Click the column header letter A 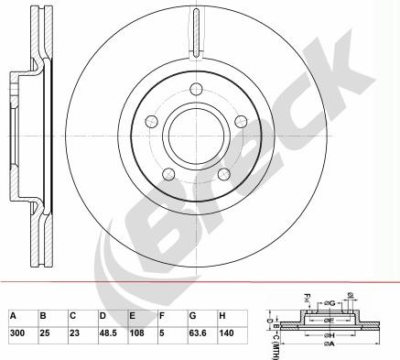(13, 315)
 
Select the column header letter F (162, 315)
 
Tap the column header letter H (222, 315)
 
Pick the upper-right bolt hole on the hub (241, 121)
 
